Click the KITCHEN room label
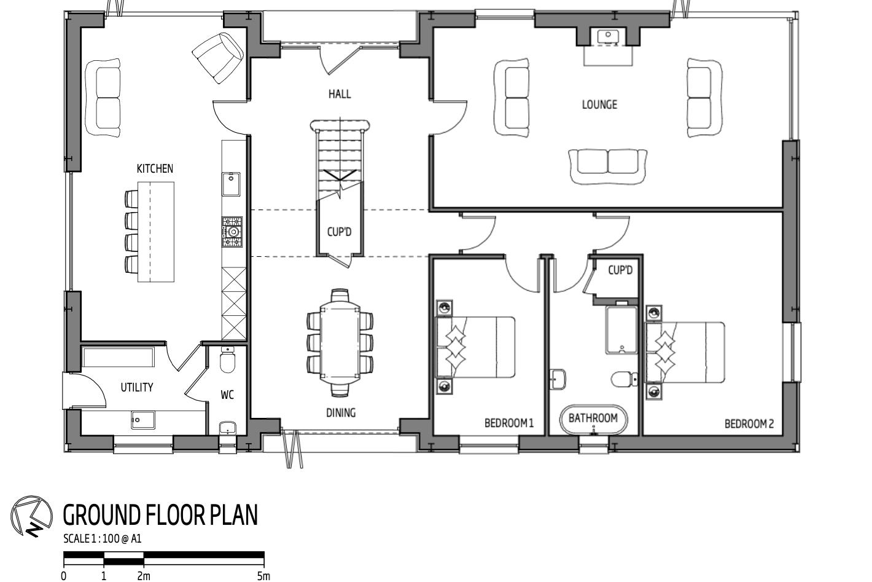click(155, 168)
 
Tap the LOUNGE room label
click(599, 104)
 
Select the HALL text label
click(340, 94)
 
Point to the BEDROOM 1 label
click(509, 423)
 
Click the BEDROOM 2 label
click(749, 423)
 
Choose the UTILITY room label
click(136, 387)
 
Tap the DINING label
click(340, 412)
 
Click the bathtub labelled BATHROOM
click(593, 419)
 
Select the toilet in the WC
click(227, 361)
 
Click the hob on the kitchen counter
click(232, 232)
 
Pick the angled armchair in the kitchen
click(218, 57)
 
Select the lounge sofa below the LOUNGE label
click(608, 165)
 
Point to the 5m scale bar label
click(263, 576)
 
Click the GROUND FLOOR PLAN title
click(160, 515)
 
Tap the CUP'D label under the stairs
click(339, 232)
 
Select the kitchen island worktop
click(156, 232)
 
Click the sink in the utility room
click(142, 421)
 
